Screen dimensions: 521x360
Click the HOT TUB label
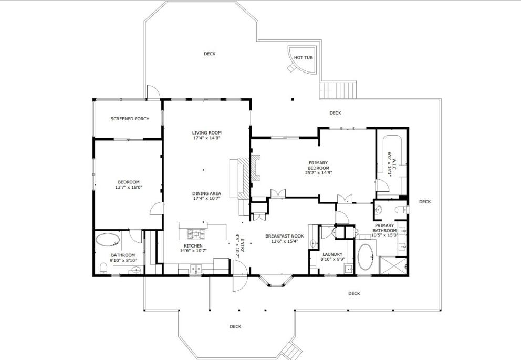304,57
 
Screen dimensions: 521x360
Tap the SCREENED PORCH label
130,119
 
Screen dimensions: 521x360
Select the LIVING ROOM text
207,132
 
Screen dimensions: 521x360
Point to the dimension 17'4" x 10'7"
207,199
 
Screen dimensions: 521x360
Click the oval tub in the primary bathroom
366,257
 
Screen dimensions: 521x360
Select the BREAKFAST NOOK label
285,236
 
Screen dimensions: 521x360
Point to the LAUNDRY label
332,254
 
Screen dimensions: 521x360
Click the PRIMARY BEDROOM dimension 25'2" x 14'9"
319,173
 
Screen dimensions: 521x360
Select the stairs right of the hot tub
338,90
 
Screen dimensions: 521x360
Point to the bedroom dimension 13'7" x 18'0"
129,187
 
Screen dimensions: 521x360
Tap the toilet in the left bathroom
103,268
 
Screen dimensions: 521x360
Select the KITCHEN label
193,246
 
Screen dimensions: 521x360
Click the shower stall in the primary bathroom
392,265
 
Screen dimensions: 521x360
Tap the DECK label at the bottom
235,326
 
